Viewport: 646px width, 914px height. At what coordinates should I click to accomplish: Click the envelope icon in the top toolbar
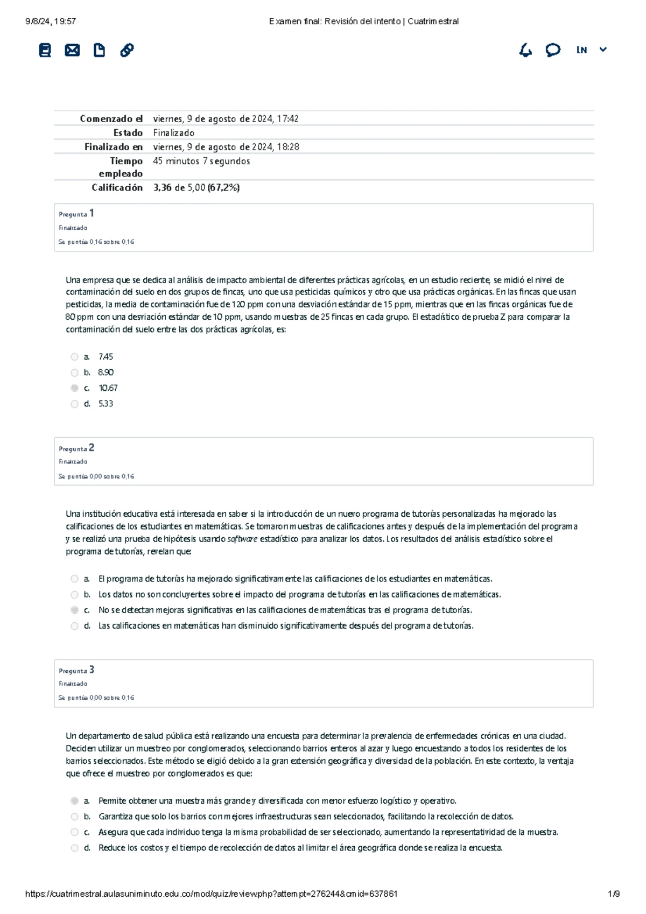pyautogui.click(x=72, y=51)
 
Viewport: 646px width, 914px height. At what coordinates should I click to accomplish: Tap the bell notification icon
pyautogui.click(x=525, y=51)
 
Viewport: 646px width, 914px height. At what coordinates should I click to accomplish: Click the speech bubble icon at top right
pyautogui.click(x=553, y=51)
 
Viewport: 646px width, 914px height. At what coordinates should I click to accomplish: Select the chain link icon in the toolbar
pyautogui.click(x=127, y=51)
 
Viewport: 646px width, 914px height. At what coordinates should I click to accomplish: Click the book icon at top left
pyautogui.click(x=45, y=51)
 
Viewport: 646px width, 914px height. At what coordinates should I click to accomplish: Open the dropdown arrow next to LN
pyautogui.click(x=603, y=50)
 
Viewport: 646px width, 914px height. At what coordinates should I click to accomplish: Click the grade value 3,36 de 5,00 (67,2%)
pyautogui.click(x=196, y=188)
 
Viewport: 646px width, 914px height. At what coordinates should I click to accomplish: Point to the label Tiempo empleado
pyautogui.click(x=121, y=167)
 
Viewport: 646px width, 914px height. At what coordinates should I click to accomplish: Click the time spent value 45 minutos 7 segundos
pyautogui.click(x=201, y=161)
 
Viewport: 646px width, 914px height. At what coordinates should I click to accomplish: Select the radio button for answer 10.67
pyautogui.click(x=74, y=388)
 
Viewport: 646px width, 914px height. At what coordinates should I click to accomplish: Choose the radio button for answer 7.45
pyautogui.click(x=74, y=357)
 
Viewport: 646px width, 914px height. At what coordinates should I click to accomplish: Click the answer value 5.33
pyautogui.click(x=106, y=404)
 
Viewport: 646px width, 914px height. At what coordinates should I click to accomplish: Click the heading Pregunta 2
pyautogui.click(x=76, y=448)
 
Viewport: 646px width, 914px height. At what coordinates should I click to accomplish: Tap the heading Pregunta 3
pyautogui.click(x=76, y=670)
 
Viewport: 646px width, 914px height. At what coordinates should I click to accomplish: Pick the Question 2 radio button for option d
pyautogui.click(x=74, y=626)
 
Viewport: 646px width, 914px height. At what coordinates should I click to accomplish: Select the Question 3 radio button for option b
pyautogui.click(x=74, y=817)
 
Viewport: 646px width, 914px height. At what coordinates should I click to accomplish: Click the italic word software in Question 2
pyautogui.click(x=242, y=539)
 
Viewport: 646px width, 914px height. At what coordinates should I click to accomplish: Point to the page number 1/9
pyautogui.click(x=614, y=894)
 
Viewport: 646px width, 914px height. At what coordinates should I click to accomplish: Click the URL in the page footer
pyautogui.click(x=211, y=894)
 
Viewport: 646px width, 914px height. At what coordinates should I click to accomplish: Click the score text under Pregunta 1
pyautogui.click(x=96, y=242)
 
